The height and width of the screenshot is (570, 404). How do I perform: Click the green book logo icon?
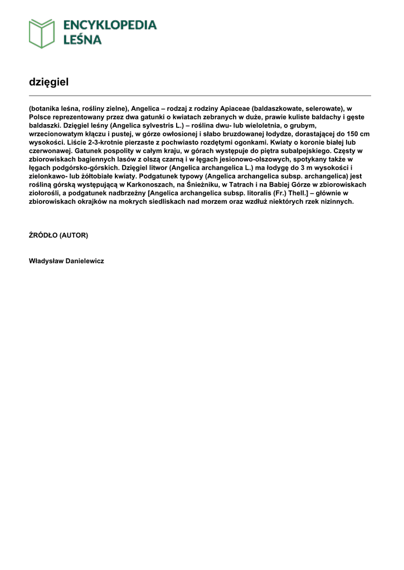[42, 33]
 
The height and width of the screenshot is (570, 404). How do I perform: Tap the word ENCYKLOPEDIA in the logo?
[110, 25]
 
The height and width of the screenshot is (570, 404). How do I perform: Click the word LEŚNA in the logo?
[82, 40]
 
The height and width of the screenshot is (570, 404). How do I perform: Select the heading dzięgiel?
[48, 82]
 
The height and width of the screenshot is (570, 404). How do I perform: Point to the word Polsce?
[40, 118]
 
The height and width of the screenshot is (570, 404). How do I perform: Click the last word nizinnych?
[335, 201]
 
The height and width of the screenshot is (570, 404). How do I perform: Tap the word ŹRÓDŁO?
[43, 235]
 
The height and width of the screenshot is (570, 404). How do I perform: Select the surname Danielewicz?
[85, 261]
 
